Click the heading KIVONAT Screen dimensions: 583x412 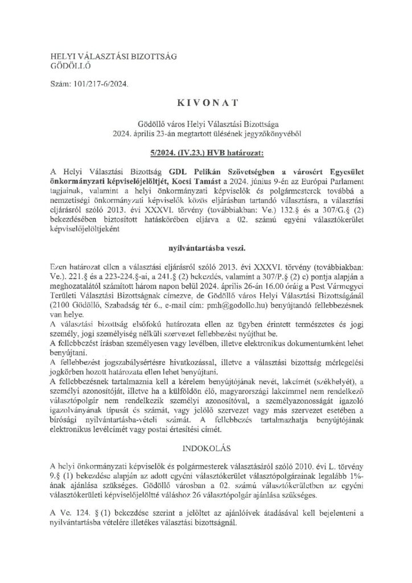coord(206,104)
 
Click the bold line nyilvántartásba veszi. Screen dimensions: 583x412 coord(205,248)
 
